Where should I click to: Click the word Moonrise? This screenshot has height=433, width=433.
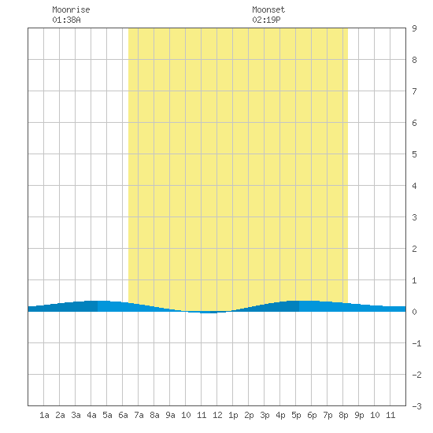click(x=71, y=9)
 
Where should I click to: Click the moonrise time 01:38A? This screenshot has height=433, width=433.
click(x=67, y=20)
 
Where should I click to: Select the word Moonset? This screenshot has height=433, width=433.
click(x=268, y=9)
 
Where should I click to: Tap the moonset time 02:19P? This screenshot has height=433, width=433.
click(x=266, y=20)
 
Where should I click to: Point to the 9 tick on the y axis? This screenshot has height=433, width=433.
click(x=414, y=28)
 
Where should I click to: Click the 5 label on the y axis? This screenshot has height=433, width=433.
click(x=414, y=154)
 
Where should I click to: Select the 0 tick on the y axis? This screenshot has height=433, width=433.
click(x=414, y=312)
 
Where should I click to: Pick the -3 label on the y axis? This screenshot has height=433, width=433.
click(x=416, y=406)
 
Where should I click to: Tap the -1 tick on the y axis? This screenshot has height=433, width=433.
click(x=416, y=343)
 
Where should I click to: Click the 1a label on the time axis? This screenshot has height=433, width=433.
click(x=44, y=415)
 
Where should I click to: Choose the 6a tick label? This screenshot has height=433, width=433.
click(x=123, y=415)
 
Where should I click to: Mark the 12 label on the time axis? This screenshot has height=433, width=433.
click(x=217, y=415)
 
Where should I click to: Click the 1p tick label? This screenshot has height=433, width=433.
click(x=233, y=415)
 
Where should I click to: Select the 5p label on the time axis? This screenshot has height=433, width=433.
click(x=296, y=415)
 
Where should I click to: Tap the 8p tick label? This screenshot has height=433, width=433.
click(x=343, y=415)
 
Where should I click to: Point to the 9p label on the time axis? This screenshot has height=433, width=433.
click(x=359, y=415)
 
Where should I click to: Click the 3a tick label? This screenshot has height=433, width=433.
click(x=76, y=415)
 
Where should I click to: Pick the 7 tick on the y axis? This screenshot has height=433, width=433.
click(x=414, y=91)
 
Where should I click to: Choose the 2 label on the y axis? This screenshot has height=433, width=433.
click(x=414, y=249)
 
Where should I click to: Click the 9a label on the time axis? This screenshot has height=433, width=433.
click(x=170, y=415)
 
